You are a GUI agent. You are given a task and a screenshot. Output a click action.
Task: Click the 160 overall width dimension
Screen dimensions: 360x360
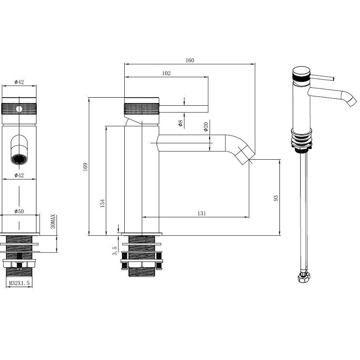tap(190, 60)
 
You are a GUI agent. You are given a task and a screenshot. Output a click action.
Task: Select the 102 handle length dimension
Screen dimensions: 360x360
tap(166, 73)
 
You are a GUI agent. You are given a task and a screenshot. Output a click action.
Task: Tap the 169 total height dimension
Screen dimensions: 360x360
tap(85, 166)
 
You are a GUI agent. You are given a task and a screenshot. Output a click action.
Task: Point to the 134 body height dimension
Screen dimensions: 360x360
tap(103, 203)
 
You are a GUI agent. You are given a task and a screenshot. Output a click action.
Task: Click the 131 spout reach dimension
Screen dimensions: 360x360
tap(202, 213)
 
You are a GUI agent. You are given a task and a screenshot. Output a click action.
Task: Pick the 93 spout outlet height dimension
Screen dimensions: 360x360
tap(276, 198)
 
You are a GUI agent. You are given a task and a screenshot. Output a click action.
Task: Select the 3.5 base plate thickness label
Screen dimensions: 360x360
tap(115, 251)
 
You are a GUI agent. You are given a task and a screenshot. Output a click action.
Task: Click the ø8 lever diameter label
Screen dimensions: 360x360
tap(180, 123)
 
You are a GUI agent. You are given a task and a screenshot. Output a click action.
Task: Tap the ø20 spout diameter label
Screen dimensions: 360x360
tap(206, 127)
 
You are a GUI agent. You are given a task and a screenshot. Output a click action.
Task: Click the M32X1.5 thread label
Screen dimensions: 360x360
tap(19, 283)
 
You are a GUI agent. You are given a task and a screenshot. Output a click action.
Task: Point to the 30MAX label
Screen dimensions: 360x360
tap(53, 221)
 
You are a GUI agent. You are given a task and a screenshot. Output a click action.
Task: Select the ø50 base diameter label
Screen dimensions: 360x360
tap(19, 211)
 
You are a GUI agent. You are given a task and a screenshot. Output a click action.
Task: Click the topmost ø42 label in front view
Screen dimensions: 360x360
tap(19, 82)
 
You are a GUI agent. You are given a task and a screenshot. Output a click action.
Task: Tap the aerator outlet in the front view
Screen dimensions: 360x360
tap(19, 159)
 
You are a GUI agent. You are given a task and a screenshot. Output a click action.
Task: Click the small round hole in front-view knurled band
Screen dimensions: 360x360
tap(19, 109)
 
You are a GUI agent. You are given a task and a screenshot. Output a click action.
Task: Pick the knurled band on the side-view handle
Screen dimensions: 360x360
tap(142, 109)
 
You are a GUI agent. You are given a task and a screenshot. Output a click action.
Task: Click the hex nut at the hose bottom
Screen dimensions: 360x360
tap(304, 277)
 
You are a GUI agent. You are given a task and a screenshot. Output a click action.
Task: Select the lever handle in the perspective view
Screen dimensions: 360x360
tap(322, 77)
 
